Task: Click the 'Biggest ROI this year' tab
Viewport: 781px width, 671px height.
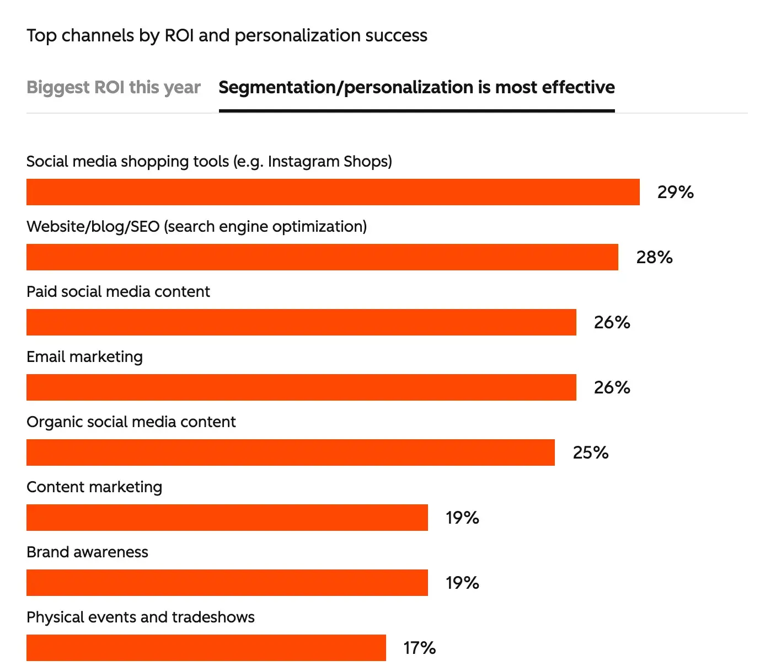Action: click(x=113, y=87)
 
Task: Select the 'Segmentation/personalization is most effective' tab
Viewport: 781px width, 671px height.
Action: click(x=416, y=87)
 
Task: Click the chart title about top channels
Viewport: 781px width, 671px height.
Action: click(x=227, y=35)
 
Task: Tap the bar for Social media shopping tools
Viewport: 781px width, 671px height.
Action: click(x=333, y=192)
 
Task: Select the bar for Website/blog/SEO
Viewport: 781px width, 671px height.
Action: click(x=322, y=257)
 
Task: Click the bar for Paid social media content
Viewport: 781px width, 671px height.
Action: click(x=301, y=322)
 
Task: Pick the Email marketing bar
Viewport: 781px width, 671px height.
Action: click(x=301, y=387)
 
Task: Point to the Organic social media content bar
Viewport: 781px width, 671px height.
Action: click(x=290, y=452)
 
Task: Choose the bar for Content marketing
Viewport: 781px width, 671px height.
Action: click(x=227, y=518)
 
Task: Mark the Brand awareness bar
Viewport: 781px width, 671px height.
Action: click(x=227, y=583)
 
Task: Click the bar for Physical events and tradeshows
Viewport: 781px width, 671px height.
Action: click(x=206, y=648)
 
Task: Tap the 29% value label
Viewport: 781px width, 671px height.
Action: click(x=675, y=192)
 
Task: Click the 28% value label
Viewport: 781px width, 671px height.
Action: click(x=654, y=257)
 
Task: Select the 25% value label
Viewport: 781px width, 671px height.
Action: click(x=590, y=452)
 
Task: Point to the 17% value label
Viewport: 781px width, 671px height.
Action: click(x=419, y=648)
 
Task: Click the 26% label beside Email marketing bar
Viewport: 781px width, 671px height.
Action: click(x=612, y=387)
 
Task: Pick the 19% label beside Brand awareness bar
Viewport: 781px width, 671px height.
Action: click(x=462, y=583)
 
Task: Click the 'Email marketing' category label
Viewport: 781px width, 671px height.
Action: click(x=84, y=357)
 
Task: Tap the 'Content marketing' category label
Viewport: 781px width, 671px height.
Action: click(x=94, y=487)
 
